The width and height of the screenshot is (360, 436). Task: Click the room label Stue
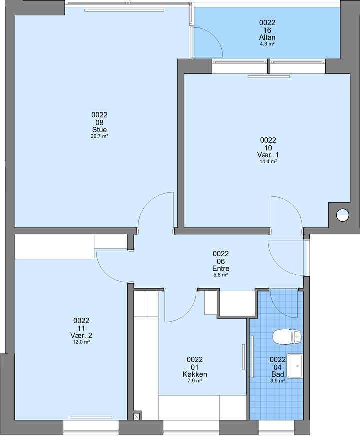(99, 130)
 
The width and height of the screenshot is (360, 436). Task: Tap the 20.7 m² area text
(99, 136)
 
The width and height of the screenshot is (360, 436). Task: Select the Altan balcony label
(267, 37)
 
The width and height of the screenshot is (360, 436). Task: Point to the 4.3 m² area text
(267, 44)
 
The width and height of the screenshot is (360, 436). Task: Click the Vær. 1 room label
(268, 155)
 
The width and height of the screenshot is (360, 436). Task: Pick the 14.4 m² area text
(268, 161)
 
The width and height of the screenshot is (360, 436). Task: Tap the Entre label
(221, 268)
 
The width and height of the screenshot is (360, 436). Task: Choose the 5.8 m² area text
(221, 275)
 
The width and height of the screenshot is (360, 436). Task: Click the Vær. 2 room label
(81, 335)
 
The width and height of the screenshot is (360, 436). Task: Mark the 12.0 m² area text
(81, 342)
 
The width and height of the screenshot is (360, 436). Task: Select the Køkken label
(195, 374)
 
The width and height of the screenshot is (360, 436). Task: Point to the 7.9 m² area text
(195, 381)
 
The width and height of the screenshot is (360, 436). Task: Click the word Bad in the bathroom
(278, 374)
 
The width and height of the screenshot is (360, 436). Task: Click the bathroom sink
(294, 366)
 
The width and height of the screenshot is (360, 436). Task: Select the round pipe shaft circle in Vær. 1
(343, 215)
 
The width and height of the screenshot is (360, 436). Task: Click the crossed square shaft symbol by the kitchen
(137, 417)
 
